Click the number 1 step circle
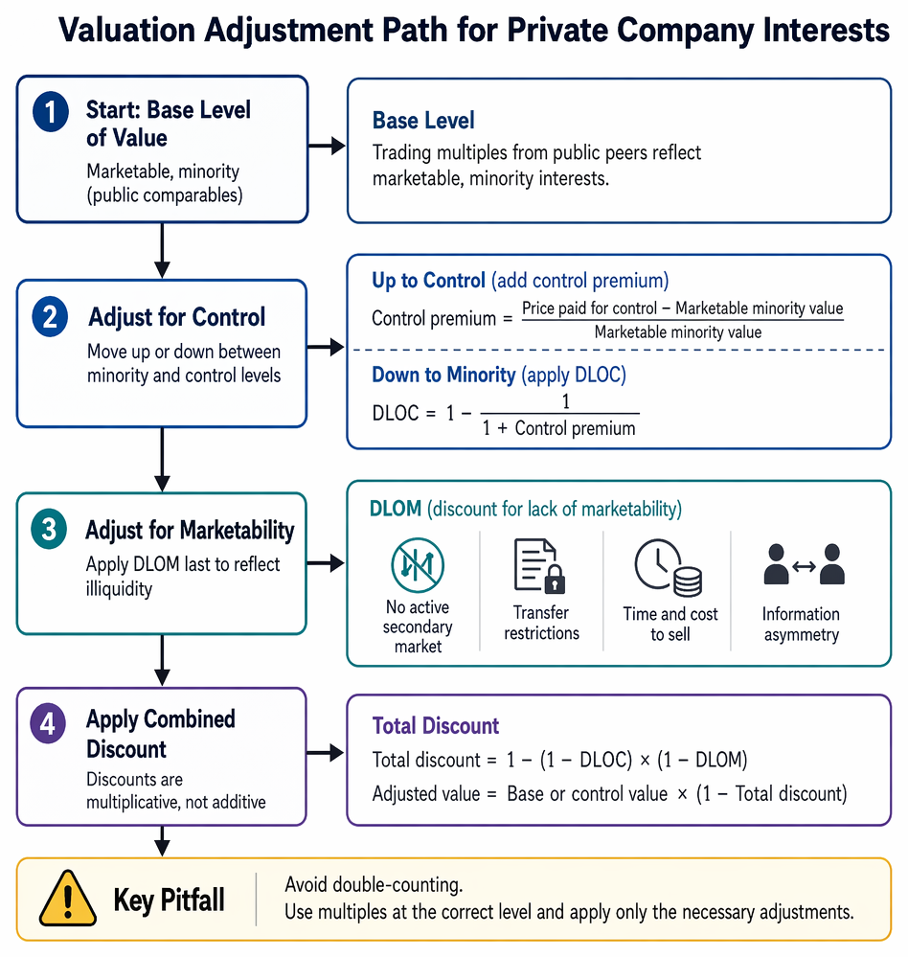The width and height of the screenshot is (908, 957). pyautogui.click(x=51, y=111)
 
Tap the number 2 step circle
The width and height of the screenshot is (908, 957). pyautogui.click(x=50, y=317)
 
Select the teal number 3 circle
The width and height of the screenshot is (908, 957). pyautogui.click(x=49, y=529)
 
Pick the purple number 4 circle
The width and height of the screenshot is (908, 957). pyautogui.click(x=48, y=723)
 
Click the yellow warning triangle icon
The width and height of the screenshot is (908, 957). pyautogui.click(x=68, y=899)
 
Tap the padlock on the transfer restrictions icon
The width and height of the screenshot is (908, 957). pyautogui.click(x=555, y=580)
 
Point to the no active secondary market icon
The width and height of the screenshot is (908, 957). pyautogui.click(x=418, y=565)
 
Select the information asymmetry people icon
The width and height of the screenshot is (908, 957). pyautogui.click(x=804, y=564)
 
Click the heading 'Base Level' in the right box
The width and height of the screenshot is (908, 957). pyautogui.click(x=423, y=121)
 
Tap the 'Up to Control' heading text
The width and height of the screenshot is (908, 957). pyautogui.click(x=428, y=280)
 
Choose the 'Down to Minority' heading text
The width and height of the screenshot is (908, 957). pyautogui.click(x=443, y=375)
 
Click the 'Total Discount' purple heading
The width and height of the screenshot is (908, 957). pyautogui.click(x=436, y=726)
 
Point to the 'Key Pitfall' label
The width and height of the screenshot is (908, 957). pyautogui.click(x=169, y=900)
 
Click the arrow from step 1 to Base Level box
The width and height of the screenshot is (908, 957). pyautogui.click(x=327, y=146)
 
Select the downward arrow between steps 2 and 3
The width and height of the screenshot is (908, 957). pyautogui.click(x=162, y=460)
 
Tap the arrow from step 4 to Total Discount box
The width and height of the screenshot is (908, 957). pyautogui.click(x=326, y=753)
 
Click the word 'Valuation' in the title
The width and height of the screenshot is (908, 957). pyautogui.click(x=126, y=30)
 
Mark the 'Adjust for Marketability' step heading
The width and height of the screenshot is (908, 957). pyautogui.click(x=190, y=530)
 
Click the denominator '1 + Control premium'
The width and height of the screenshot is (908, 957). pyautogui.click(x=559, y=428)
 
